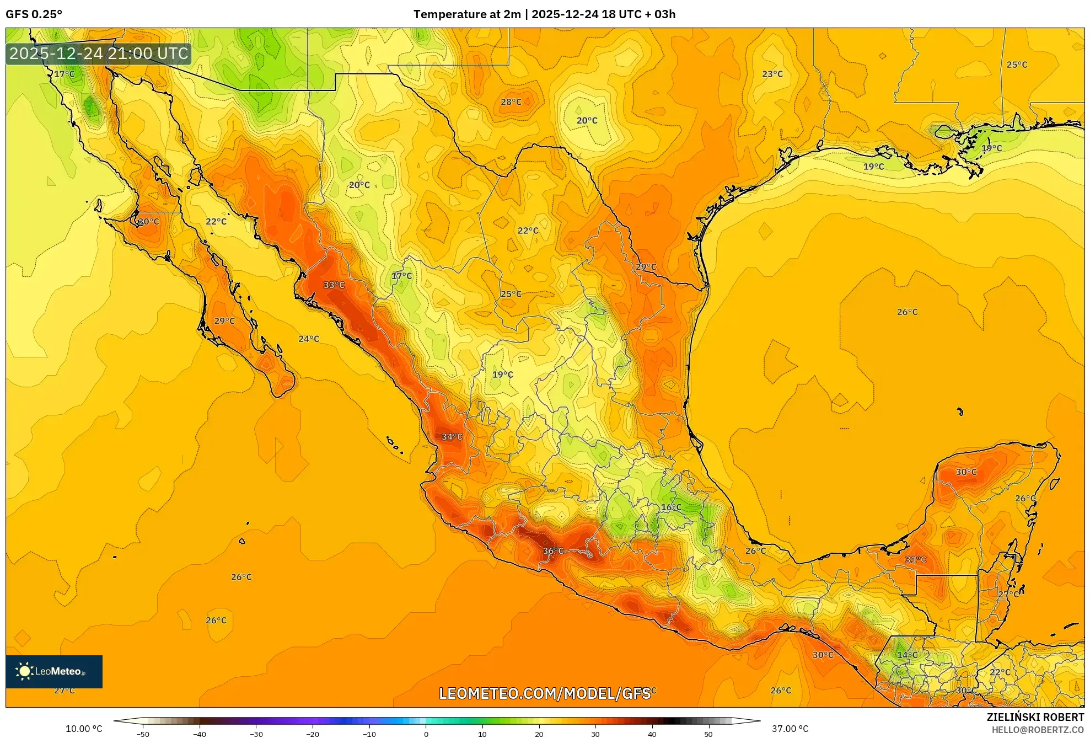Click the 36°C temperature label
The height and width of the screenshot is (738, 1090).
[553, 550]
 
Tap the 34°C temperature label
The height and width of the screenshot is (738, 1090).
[452, 436]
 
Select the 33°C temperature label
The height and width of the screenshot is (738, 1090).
[334, 285]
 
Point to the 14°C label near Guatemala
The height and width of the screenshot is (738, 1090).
[908, 655]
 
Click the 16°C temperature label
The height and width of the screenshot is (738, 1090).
[671, 507]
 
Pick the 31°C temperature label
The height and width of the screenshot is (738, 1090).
[916, 559]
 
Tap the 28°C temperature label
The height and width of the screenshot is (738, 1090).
[511, 101]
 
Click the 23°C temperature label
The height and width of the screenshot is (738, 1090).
[772, 74]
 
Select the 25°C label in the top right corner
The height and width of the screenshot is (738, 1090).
[1017, 65]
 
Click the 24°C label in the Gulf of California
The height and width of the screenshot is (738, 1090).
[309, 339]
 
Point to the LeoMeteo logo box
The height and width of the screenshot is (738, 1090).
[54, 671]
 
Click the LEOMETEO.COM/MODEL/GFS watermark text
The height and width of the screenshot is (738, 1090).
[545, 693]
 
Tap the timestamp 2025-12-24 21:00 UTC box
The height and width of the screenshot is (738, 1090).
[99, 54]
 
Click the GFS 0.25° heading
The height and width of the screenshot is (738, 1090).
[34, 14]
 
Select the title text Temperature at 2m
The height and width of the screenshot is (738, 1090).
[467, 14]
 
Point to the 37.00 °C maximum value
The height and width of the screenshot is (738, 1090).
[790, 729]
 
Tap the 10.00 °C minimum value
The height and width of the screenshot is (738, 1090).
[84, 729]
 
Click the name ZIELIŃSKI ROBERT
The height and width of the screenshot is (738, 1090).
[1035, 717]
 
